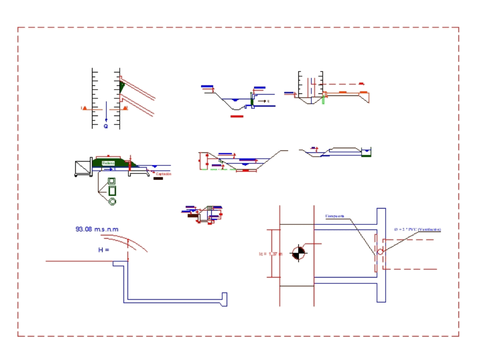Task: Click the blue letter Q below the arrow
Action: [106, 127]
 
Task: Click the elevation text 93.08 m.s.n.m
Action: [97, 229]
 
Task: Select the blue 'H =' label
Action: [104, 250]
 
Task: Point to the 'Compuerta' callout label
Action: [335, 216]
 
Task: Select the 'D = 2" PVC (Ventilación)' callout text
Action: [417, 230]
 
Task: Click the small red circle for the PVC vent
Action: [380, 252]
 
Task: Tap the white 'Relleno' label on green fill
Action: [108, 163]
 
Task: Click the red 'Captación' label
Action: [163, 174]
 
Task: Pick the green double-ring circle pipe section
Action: [112, 201]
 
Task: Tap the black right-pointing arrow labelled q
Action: [262, 101]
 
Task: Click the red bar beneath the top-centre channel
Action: [237, 116]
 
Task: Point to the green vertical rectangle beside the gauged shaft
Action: [323, 99]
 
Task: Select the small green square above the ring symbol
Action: [112, 181]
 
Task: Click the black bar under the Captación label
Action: [158, 179]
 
